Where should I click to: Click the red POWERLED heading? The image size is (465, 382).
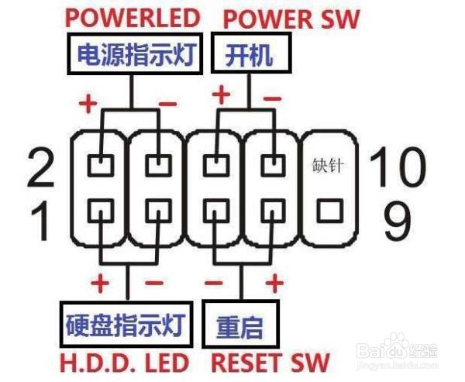134,17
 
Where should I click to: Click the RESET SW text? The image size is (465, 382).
270,362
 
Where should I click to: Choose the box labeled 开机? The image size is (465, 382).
250,54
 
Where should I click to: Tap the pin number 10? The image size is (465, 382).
396,166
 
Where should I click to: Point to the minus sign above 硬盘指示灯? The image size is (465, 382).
155,284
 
